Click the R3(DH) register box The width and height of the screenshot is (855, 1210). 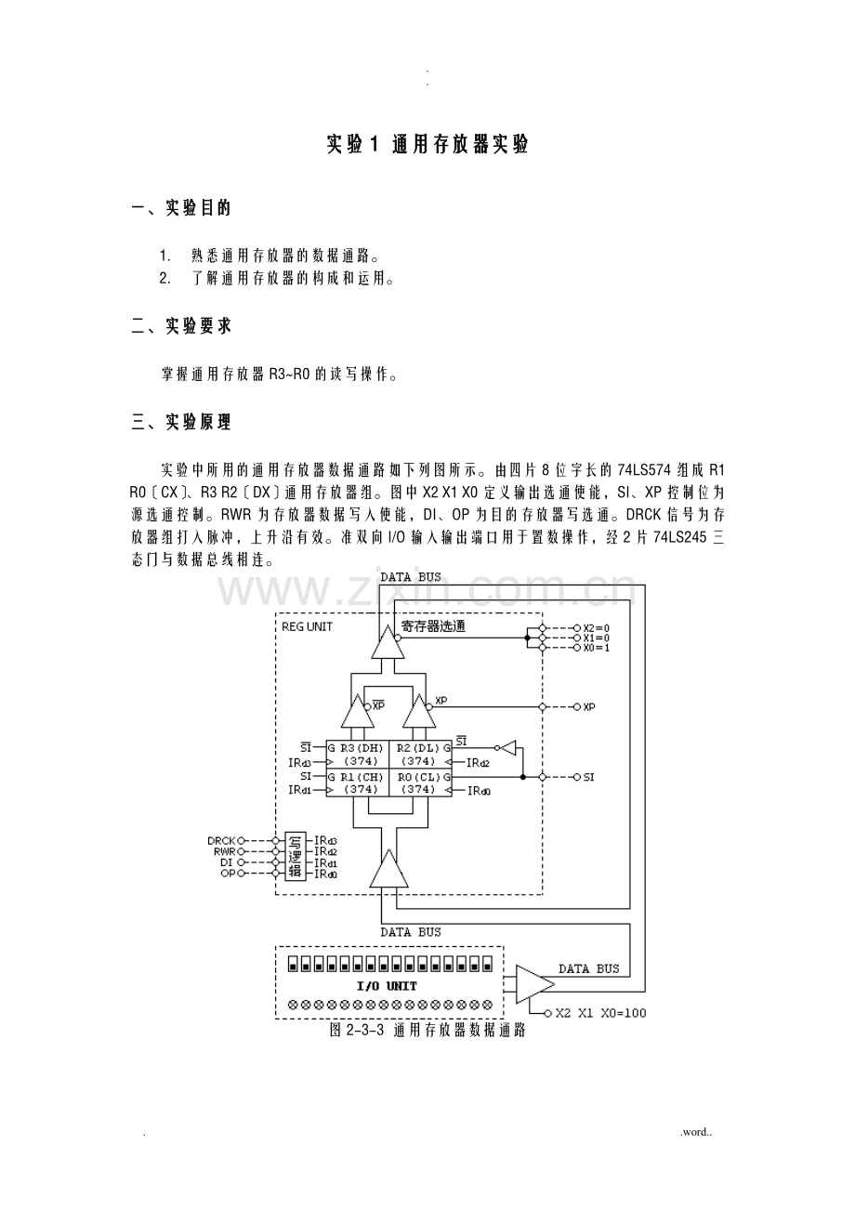tap(358, 755)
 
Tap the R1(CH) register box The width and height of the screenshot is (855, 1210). tap(358, 783)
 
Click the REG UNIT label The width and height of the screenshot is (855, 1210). tap(307, 626)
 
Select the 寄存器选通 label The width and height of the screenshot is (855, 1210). tap(434, 627)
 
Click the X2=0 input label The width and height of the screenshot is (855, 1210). tap(596, 628)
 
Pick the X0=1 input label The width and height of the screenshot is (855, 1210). tap(596, 648)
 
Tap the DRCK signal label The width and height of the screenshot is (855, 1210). tap(222, 840)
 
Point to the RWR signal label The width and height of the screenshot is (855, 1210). tap(224, 851)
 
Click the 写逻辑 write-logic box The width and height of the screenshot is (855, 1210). tap(296, 856)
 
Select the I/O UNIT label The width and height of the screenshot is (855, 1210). tap(387, 986)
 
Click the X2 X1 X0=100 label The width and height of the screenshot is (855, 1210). tap(599, 1013)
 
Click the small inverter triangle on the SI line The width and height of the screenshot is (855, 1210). tap(507, 747)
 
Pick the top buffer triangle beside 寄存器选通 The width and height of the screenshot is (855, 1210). tap(388, 642)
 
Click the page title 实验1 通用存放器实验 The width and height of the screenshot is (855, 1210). tap(427, 145)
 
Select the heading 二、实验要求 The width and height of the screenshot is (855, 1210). tap(181, 326)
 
